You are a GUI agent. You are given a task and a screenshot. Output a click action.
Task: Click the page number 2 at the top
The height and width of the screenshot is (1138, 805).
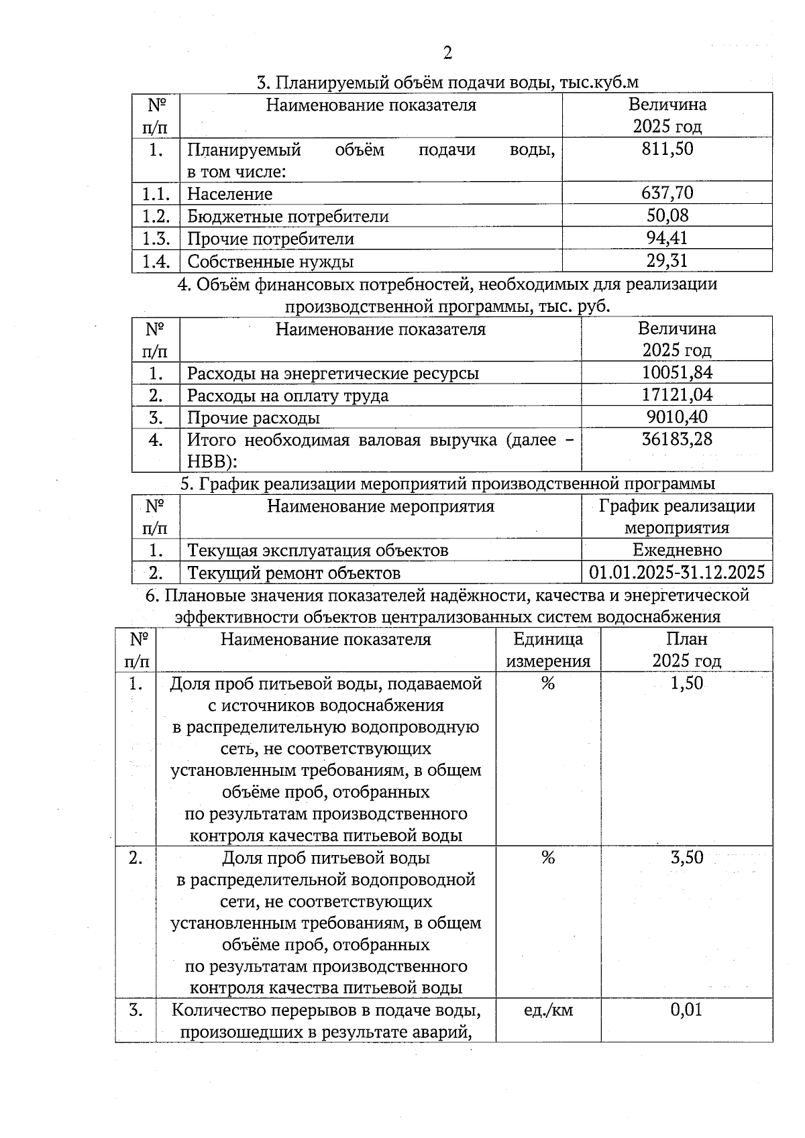tap(447, 53)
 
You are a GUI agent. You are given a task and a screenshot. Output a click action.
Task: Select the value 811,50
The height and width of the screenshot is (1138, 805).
tap(667, 149)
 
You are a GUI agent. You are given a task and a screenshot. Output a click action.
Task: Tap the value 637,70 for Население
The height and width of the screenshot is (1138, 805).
tap(667, 194)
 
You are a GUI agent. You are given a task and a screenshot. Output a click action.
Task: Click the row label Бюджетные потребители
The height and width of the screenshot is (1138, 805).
tap(288, 217)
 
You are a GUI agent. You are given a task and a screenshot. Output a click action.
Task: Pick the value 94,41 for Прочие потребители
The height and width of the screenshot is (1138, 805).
tap(667, 238)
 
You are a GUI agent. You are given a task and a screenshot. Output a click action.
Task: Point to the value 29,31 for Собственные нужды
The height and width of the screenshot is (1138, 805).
tap(667, 260)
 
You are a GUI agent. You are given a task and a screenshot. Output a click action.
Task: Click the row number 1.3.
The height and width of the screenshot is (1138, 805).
tap(156, 239)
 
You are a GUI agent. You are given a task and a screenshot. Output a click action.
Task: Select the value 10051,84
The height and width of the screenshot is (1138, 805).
tap(677, 373)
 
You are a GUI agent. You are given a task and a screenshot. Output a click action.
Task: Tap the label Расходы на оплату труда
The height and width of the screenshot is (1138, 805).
tap(288, 396)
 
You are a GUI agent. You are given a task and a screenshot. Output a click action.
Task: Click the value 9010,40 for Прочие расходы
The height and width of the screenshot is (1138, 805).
tap(677, 417)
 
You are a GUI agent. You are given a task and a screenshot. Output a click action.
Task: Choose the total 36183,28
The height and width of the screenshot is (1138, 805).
tap(677, 440)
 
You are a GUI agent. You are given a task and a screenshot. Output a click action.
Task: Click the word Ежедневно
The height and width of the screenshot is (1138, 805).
tap(677, 551)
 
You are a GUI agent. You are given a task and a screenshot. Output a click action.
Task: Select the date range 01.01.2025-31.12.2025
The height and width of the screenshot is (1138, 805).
tap(677, 573)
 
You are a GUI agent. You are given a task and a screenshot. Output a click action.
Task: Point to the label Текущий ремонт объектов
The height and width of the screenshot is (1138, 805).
tap(294, 573)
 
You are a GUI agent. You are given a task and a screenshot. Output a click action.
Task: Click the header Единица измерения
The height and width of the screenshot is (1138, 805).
tap(548, 650)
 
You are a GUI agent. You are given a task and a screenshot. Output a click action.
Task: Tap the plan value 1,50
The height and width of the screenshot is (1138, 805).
tap(686, 683)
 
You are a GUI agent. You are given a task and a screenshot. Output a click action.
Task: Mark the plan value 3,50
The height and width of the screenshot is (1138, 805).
tap(686, 858)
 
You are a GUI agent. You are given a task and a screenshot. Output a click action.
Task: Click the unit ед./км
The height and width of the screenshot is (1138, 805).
tap(548, 1010)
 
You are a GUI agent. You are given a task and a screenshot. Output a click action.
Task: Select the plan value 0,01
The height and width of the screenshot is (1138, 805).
tap(686, 1010)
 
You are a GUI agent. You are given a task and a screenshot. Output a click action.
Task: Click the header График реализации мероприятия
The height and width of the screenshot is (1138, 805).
tap(677, 516)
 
